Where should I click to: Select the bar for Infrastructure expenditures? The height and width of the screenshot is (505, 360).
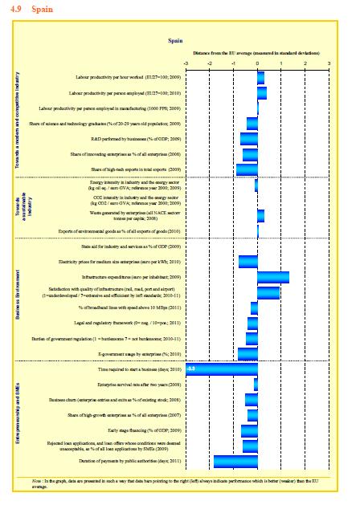273,277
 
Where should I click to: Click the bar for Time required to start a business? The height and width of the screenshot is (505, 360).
222,369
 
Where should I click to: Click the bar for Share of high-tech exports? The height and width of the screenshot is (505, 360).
247,169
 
